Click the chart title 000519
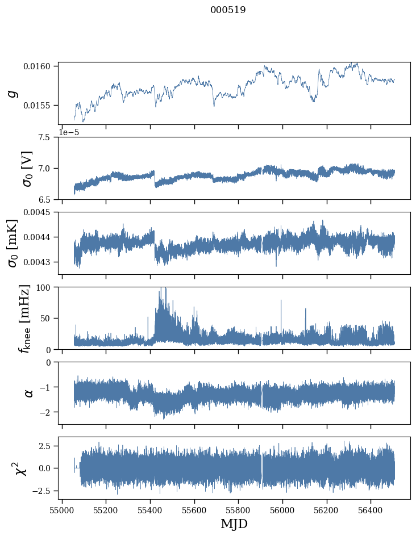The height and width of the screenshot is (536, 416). click(228, 10)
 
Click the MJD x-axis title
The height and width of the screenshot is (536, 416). click(234, 524)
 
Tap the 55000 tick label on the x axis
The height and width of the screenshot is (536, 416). click(62, 510)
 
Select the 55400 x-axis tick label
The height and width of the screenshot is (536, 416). click(150, 510)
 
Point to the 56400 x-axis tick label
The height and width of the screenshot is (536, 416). click(371, 510)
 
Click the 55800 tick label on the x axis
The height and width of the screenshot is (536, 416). click(239, 510)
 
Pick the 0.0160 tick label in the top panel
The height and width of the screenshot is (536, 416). click(36, 66)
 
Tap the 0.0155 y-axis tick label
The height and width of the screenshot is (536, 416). click(36, 106)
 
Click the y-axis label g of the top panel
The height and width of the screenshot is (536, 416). click(13, 93)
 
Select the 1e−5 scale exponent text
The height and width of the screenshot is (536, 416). click(69, 132)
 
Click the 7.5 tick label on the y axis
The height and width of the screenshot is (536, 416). click(44, 137)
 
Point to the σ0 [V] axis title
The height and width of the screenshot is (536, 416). click(27, 169)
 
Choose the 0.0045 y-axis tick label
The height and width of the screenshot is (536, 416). click(36, 212)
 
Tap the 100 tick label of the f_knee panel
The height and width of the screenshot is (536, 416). click(43, 287)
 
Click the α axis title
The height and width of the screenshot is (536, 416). click(29, 393)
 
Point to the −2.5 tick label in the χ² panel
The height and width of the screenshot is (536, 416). click(41, 491)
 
